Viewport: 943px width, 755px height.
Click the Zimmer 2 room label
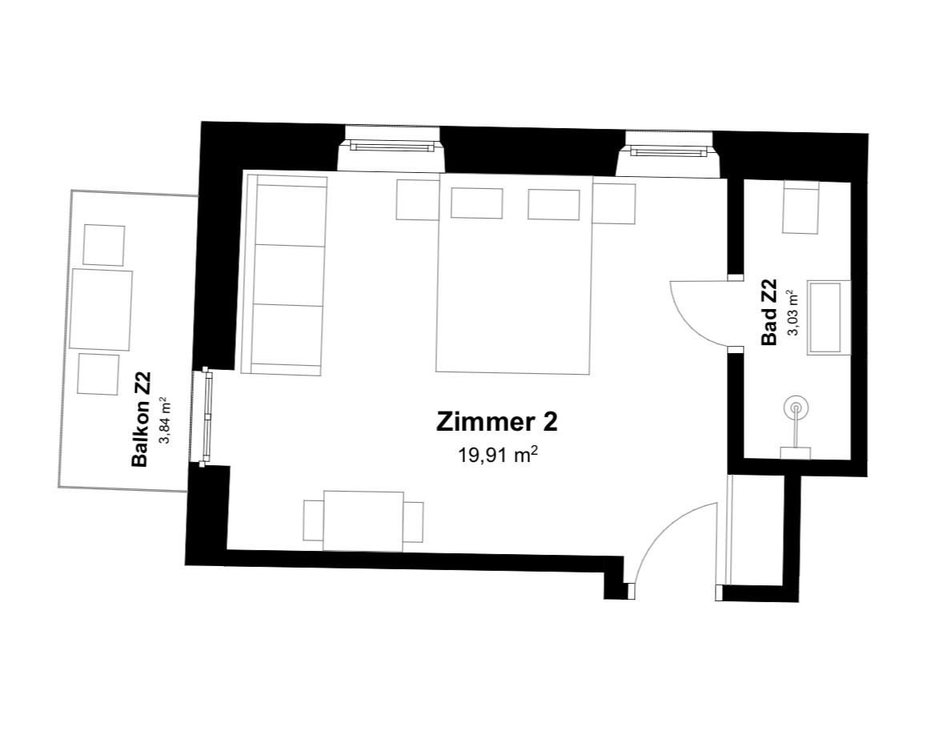click(497, 422)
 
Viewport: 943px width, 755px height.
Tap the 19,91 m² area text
click(497, 455)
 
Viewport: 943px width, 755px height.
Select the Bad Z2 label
click(769, 311)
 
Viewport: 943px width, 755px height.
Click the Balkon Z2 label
click(140, 420)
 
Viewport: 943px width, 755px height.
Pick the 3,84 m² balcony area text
click(163, 420)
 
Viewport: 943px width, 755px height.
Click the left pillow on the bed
click(476, 203)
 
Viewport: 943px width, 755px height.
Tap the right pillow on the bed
click(554, 204)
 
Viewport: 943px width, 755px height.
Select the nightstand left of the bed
click(417, 199)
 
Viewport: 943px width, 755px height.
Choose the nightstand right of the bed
click(614, 204)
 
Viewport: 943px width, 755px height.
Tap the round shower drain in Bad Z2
click(797, 409)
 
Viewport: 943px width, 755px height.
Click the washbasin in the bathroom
click(829, 317)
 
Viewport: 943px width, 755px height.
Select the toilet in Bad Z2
click(801, 208)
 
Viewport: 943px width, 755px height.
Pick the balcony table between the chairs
click(100, 310)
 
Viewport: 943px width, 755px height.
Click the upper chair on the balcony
click(103, 245)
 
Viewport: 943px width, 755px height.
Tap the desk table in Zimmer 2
click(363, 521)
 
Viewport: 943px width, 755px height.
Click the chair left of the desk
click(313, 520)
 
